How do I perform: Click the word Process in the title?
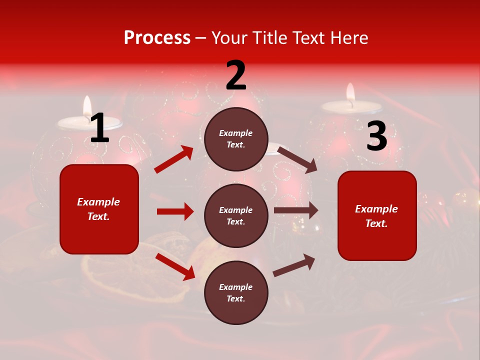pyautogui.click(x=157, y=38)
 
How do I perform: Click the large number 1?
pyautogui.click(x=100, y=128)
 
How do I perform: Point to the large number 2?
pyautogui.click(x=236, y=75)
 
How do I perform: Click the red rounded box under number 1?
pyautogui.click(x=99, y=209)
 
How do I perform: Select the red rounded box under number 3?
pyautogui.click(x=377, y=215)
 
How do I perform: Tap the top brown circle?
pyautogui.click(x=236, y=139)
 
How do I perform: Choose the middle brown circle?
pyautogui.click(x=236, y=215)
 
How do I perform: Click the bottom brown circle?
pyautogui.click(x=236, y=292)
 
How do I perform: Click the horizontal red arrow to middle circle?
pyautogui.click(x=175, y=211)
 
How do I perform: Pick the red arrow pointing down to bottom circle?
pyautogui.click(x=175, y=266)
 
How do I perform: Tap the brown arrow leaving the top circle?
pyautogui.click(x=297, y=159)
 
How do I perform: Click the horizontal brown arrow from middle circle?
pyautogui.click(x=296, y=210)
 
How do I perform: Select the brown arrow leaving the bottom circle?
pyautogui.click(x=294, y=265)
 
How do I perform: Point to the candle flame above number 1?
pyautogui.click(x=87, y=105)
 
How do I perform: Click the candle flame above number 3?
pyautogui.click(x=350, y=93)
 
